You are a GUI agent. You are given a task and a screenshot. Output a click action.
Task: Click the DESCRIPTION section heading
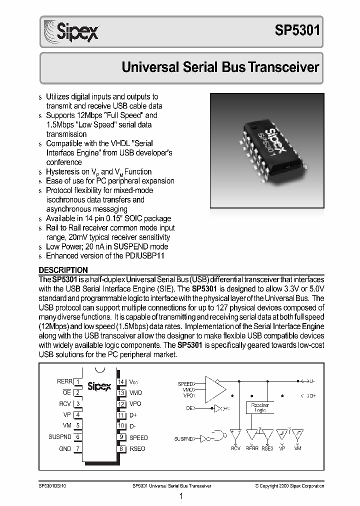63,270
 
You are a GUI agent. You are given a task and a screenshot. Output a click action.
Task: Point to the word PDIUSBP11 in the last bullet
144,256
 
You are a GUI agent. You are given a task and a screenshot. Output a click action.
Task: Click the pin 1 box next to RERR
78,381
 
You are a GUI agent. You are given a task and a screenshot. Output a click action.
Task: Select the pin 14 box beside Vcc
120,381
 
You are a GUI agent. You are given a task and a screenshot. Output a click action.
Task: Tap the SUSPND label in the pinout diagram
59,437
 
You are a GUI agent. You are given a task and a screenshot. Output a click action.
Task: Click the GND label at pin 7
65,448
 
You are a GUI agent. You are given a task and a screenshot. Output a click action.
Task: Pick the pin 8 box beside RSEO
120,448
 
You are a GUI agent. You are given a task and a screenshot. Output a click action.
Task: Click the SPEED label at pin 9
138,437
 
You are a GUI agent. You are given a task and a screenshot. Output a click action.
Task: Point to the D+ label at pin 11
133,415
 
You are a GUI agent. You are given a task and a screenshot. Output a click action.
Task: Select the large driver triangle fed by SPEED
214,388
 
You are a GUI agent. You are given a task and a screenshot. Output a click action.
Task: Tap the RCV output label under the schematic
235,448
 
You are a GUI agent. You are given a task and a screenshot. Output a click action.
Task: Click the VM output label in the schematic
297,448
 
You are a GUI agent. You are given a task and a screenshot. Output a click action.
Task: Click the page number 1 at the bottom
180,496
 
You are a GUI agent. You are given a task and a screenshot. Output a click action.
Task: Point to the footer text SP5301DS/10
52,485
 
